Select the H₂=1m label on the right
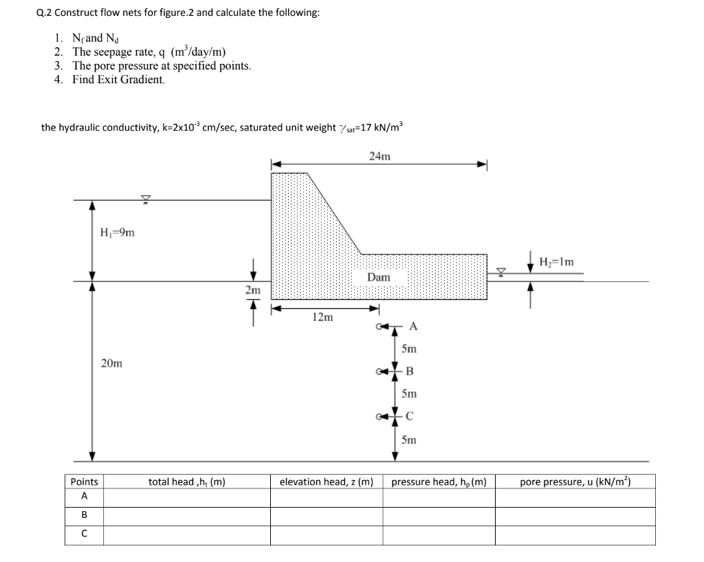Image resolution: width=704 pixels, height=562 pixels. click(556, 261)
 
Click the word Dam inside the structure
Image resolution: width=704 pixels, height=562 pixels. click(378, 277)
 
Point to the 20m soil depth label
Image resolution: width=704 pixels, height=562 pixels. click(112, 363)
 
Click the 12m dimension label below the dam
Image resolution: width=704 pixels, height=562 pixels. click(322, 317)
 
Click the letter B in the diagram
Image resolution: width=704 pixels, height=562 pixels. click(410, 371)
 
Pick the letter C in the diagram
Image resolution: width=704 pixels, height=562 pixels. click(410, 415)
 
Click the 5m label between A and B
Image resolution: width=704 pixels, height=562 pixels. click(409, 349)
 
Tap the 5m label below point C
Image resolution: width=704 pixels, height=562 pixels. click(409, 440)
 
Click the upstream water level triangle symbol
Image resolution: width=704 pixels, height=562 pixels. click(145, 199)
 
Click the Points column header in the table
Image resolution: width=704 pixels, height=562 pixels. click(85, 482)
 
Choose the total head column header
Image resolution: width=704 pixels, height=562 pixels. click(187, 482)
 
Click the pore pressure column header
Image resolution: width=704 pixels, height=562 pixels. click(575, 482)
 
